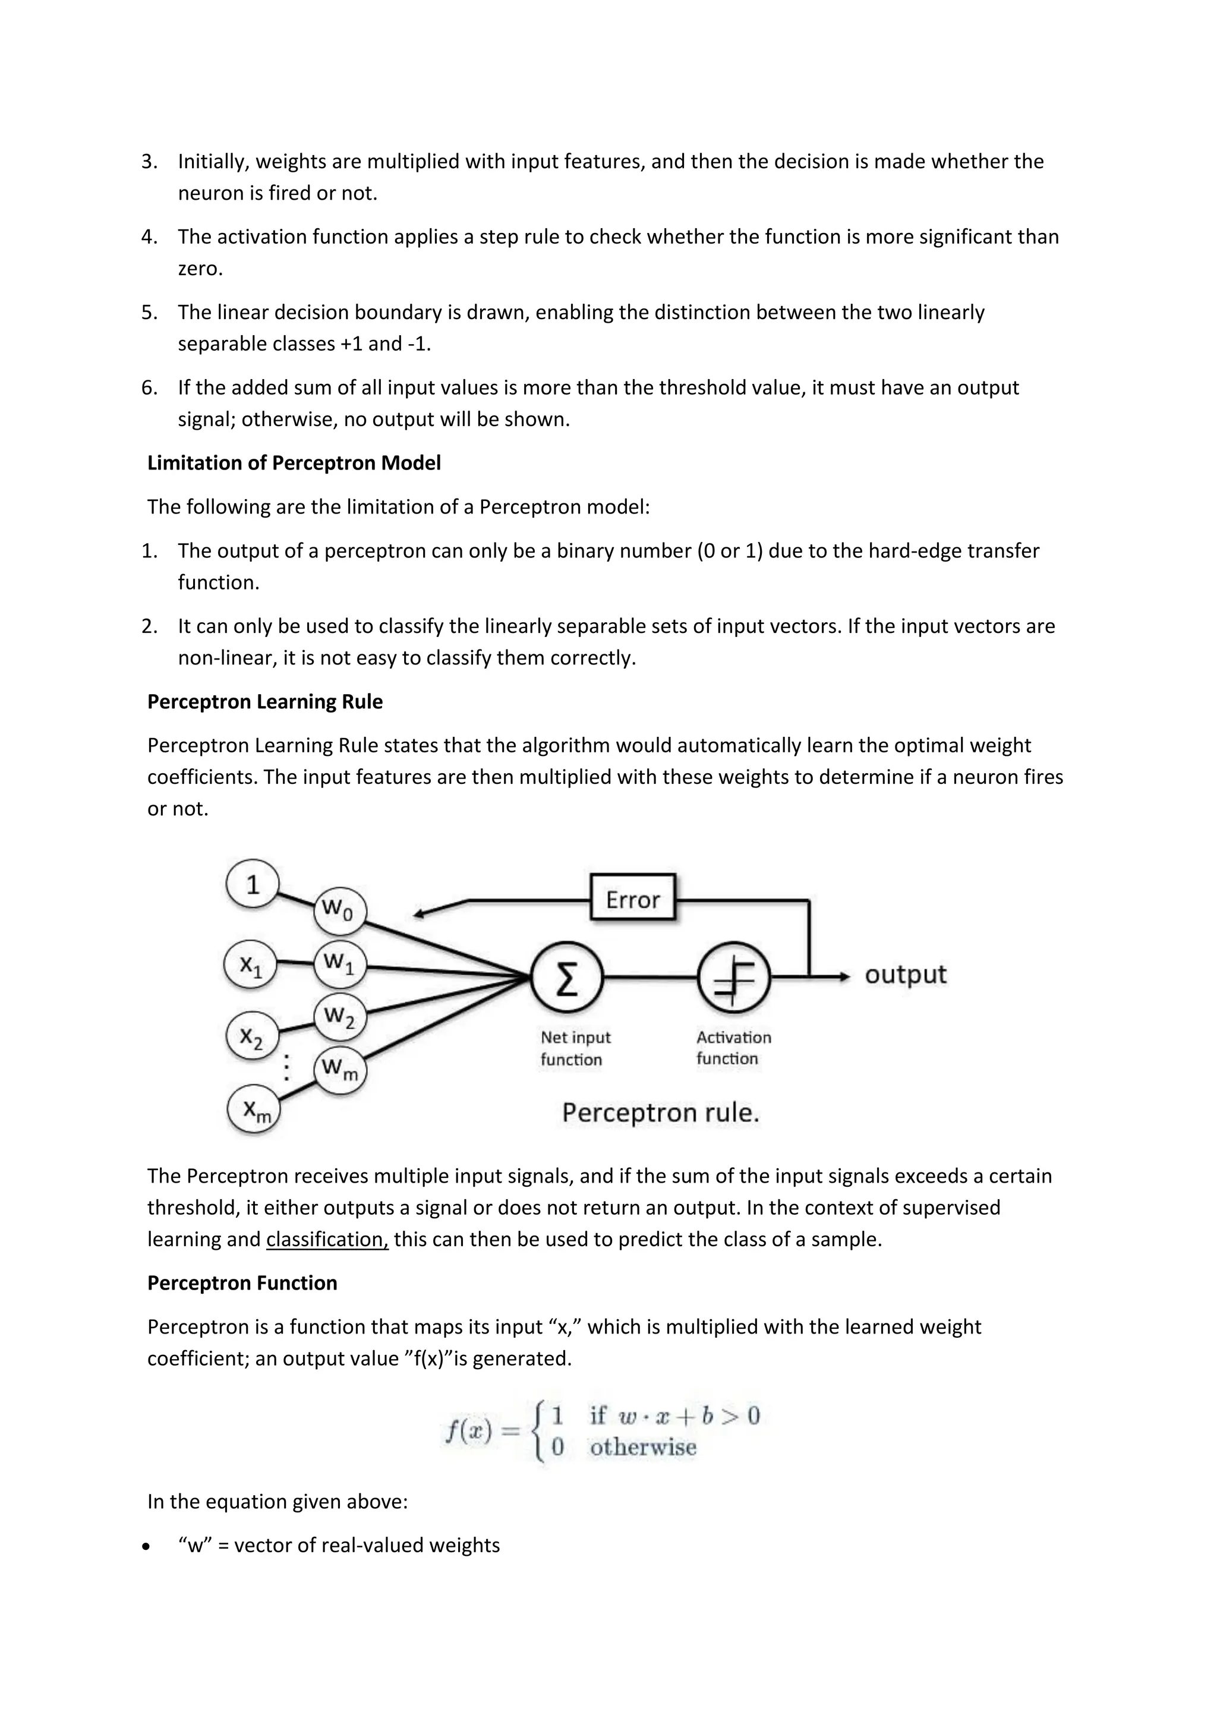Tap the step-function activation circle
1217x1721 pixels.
coord(733,978)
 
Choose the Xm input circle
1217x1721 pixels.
coord(255,1109)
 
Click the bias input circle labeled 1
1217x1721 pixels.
coord(253,884)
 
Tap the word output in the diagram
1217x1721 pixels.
coord(905,975)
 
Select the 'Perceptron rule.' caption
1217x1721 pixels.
coord(660,1112)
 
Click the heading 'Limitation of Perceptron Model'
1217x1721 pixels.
coord(294,463)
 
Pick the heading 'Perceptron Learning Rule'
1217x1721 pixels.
coord(264,702)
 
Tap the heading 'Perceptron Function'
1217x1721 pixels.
coord(242,1283)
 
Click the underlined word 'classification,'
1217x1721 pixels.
coord(327,1240)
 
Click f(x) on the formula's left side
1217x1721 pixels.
coord(469,1431)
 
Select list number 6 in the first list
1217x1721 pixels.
coord(149,388)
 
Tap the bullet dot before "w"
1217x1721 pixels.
coord(149,1546)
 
